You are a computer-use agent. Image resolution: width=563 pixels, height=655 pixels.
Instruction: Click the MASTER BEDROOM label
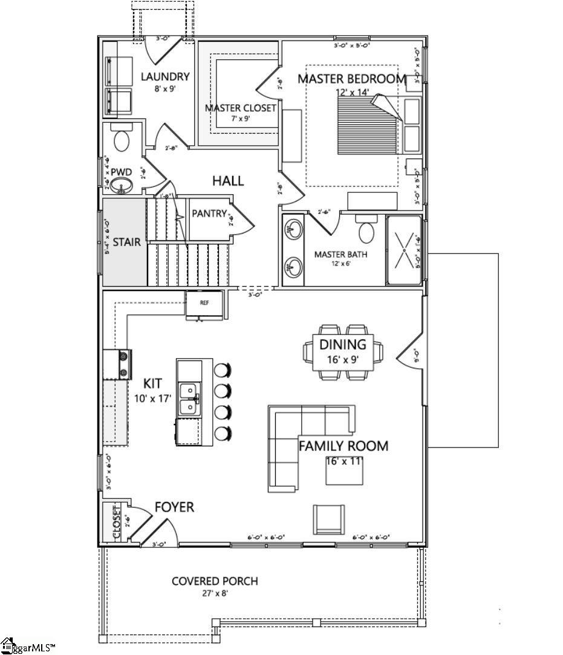(x=351, y=79)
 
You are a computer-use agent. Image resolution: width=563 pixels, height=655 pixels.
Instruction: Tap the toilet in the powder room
(x=122, y=140)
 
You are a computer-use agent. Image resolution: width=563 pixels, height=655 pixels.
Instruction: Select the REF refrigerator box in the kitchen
(x=204, y=304)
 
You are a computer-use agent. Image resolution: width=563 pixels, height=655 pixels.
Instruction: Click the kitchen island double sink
(x=189, y=400)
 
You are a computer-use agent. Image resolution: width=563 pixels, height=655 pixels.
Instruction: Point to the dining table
(x=343, y=352)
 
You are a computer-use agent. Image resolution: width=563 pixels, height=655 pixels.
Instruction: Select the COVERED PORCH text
(x=215, y=581)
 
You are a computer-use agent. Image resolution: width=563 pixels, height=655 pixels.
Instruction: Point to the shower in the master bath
(x=403, y=249)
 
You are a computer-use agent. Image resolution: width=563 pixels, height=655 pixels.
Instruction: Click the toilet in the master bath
(x=367, y=230)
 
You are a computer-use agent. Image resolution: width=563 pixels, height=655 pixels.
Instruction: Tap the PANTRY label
(x=209, y=213)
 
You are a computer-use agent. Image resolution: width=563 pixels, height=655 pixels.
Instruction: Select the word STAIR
(x=126, y=242)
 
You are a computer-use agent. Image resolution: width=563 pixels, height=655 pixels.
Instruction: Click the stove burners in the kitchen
(x=124, y=365)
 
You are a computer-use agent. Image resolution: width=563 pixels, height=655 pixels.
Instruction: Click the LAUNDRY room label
(x=165, y=77)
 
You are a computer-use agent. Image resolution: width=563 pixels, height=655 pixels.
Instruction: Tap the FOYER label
(x=174, y=507)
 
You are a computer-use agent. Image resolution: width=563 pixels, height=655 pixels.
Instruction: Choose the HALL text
(x=227, y=181)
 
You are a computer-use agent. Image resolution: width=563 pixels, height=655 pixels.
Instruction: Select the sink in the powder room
(x=124, y=186)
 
